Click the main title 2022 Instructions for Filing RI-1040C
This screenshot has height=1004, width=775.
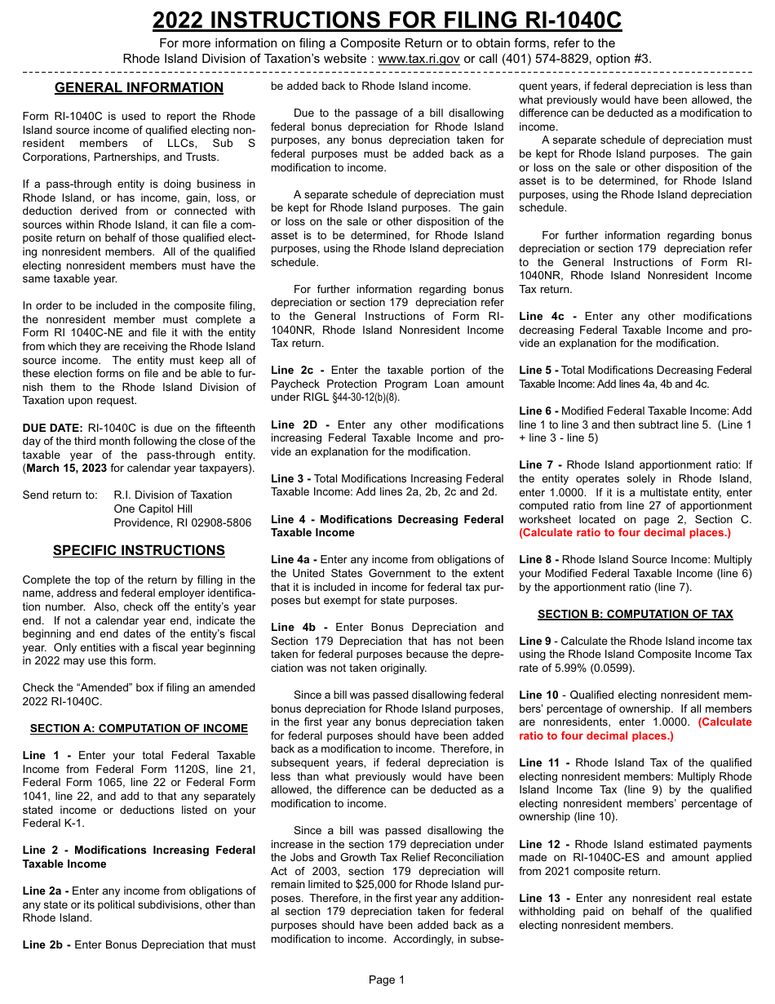(387, 20)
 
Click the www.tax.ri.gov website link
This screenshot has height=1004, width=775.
(419, 59)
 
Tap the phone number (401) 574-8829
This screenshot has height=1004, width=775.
(525, 59)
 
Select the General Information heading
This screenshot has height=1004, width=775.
(139, 88)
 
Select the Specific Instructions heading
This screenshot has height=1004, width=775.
(139, 550)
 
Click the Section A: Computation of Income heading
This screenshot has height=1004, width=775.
(139, 728)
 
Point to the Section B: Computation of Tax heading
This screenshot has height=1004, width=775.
(635, 614)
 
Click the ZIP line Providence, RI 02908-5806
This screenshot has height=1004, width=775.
(183, 522)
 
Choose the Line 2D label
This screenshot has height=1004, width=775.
(299, 424)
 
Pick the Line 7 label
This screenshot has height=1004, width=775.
(539, 465)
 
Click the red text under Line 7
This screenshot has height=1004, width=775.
(625, 533)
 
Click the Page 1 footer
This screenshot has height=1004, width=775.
(387, 980)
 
